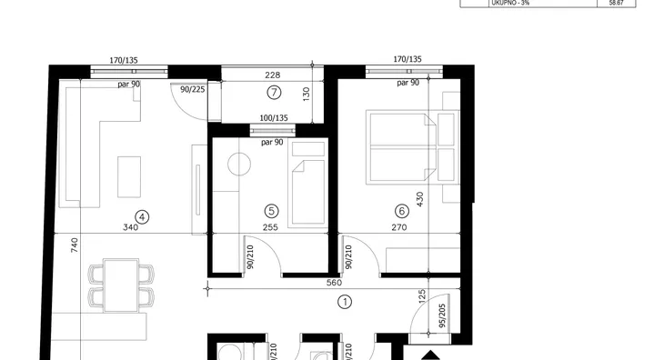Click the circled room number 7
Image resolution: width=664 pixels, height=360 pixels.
click(274, 92)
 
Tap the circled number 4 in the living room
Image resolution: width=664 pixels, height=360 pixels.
click(142, 217)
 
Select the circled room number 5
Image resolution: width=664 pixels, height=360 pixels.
click(271, 211)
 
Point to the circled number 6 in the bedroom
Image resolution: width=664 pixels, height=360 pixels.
click(401, 211)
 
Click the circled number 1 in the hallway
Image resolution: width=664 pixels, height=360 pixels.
click(345, 302)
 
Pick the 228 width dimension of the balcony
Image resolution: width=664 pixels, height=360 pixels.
click(272, 75)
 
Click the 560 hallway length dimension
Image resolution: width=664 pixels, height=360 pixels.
click(334, 283)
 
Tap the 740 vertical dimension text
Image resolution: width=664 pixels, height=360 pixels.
click(74, 245)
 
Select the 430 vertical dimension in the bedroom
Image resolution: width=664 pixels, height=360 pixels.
click(419, 199)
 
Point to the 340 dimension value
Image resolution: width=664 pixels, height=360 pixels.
click(130, 227)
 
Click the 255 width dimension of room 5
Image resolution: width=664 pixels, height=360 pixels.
click(270, 227)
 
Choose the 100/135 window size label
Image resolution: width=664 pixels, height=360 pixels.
click(274, 118)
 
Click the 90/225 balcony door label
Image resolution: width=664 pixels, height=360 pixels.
click(193, 90)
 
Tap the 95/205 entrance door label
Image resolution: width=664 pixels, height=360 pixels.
click(442, 315)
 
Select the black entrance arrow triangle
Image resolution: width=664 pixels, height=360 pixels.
click(430, 355)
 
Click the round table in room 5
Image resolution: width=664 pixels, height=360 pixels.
click(239, 165)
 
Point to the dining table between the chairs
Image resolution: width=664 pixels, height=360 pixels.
click(121, 285)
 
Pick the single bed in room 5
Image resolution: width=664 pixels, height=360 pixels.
click(307, 185)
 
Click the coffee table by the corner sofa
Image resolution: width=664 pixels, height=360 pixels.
click(129, 177)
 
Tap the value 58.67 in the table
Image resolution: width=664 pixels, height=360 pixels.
click(616, 3)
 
